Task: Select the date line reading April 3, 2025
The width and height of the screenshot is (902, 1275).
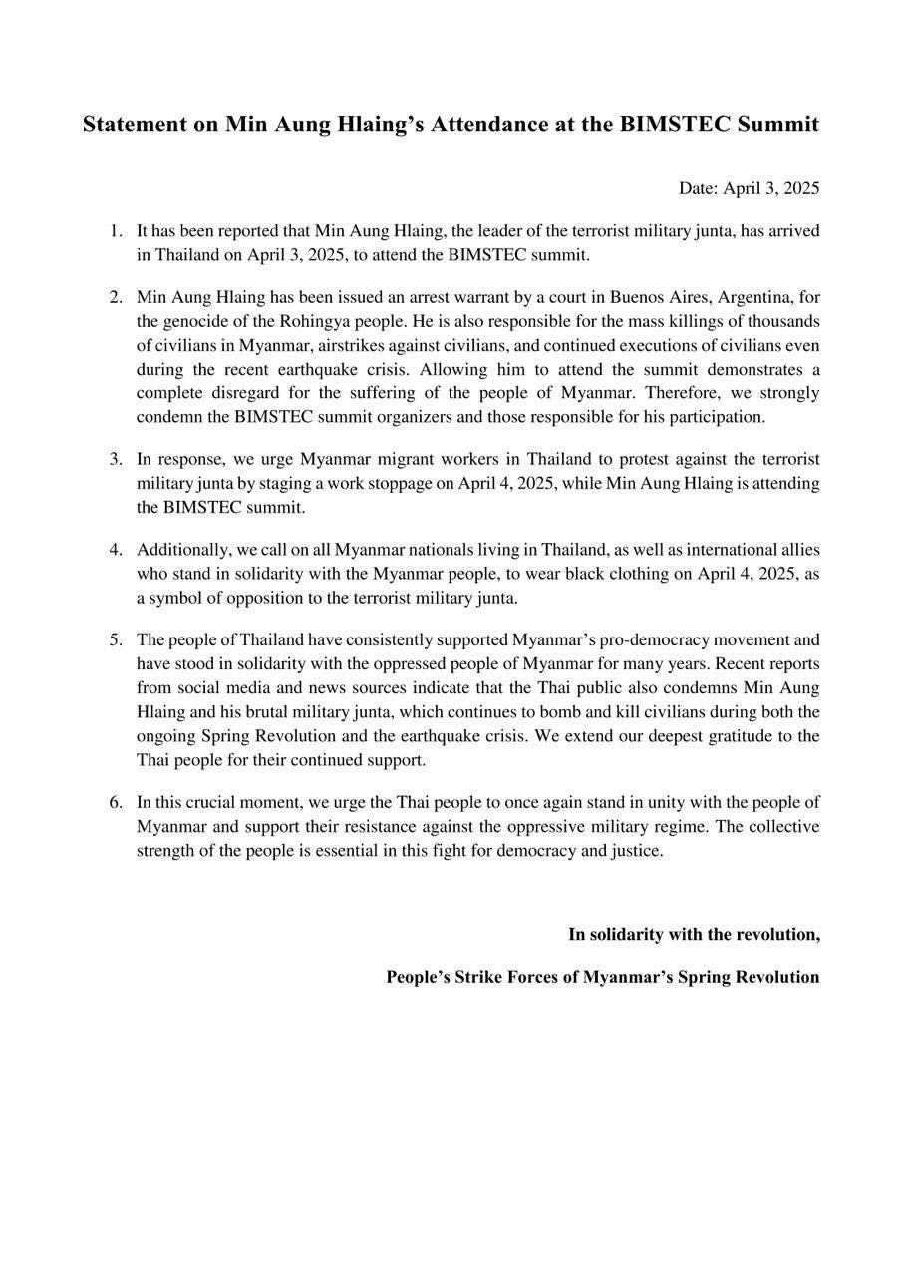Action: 749,188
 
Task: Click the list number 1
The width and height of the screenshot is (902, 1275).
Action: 116,231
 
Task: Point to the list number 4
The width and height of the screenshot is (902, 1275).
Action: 116,550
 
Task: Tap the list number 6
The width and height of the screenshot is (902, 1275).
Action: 116,802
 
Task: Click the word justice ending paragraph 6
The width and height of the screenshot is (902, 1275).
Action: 636,851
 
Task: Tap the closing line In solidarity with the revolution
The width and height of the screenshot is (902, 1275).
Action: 694,934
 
